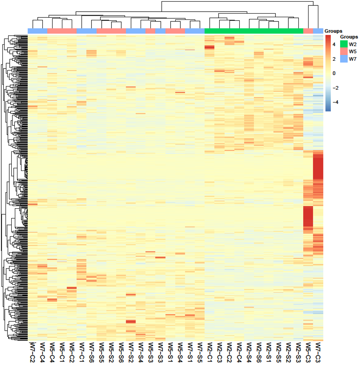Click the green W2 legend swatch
point(344,44)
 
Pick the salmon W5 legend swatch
point(344,51)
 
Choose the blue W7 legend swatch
point(344,59)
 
